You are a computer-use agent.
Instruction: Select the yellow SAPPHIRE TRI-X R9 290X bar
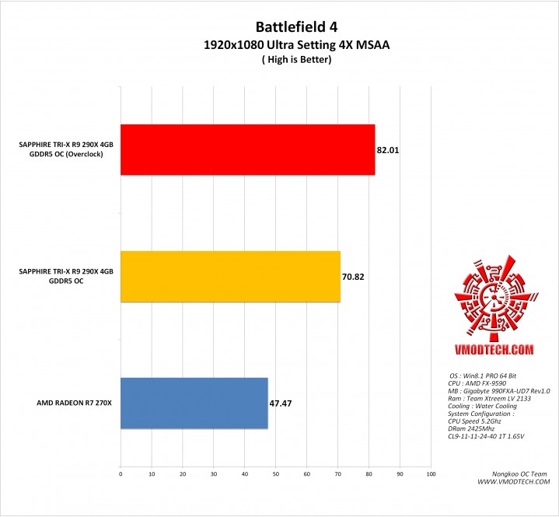230,276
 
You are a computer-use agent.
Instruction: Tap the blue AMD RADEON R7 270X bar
194,403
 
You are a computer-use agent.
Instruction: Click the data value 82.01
388,149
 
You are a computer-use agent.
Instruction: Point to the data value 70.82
353,275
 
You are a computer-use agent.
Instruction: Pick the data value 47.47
281,403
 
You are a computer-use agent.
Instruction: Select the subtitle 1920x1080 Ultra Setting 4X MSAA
278,46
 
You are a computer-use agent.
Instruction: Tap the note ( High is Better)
278,61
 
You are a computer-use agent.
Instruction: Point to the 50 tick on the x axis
275,473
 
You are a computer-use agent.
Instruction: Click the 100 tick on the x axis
430,473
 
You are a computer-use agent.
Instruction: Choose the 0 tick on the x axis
121,473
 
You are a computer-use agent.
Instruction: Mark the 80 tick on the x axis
369,473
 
